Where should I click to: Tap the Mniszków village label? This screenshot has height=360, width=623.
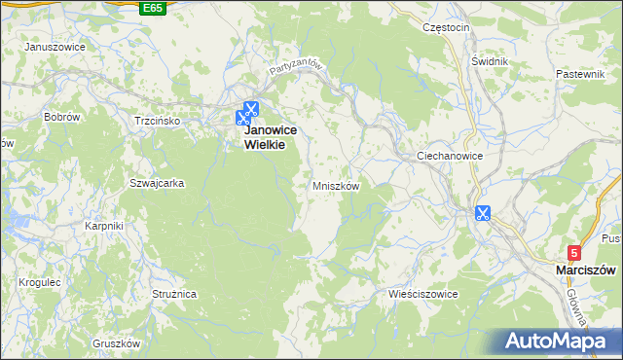coord(337,185)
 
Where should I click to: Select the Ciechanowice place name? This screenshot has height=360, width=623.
coord(450,156)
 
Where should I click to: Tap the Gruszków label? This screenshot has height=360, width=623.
coord(117,343)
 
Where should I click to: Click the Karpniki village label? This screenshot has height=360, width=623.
coord(103,226)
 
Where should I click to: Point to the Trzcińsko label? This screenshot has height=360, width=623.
coord(158,121)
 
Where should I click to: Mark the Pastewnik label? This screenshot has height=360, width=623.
coord(581,74)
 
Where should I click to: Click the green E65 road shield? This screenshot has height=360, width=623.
coord(152,8)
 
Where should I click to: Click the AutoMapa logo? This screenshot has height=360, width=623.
coord(558,342)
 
